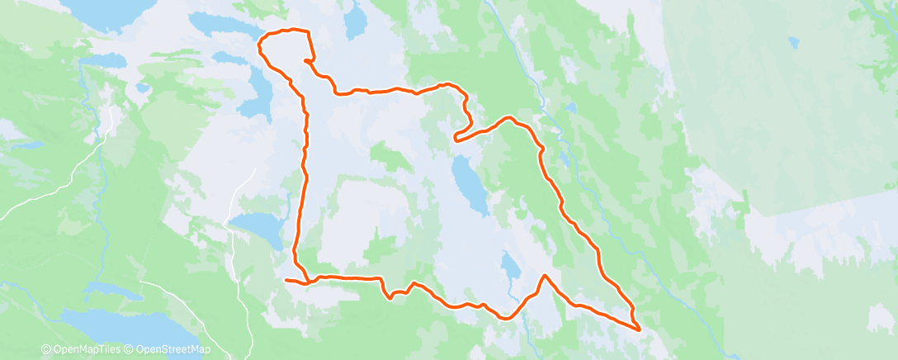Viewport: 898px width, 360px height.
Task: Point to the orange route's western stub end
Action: click(286, 281)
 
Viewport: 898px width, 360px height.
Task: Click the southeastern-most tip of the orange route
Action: click(640, 329)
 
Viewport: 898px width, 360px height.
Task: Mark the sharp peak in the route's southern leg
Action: click(544, 274)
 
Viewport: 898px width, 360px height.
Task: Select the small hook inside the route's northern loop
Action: click(306, 60)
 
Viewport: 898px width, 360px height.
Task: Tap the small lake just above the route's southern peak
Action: click(511, 266)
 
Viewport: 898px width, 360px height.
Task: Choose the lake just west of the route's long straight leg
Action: click(258, 226)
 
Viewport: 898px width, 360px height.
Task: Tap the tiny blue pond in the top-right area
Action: click(793, 41)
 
